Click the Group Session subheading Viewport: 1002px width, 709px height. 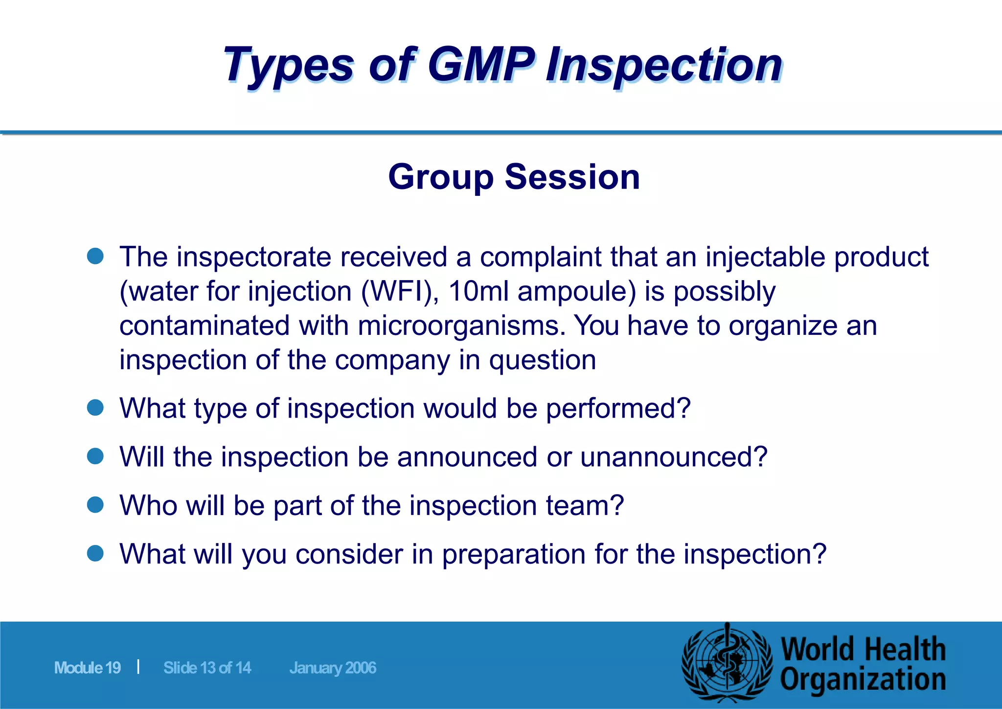click(x=514, y=177)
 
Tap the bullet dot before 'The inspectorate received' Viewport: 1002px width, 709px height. click(x=95, y=256)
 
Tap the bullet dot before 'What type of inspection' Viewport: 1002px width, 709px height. click(x=95, y=407)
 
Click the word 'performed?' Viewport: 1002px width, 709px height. click(x=618, y=408)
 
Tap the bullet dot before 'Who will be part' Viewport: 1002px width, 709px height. click(x=95, y=504)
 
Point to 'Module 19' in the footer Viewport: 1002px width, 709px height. click(x=88, y=668)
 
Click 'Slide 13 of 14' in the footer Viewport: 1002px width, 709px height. click(x=207, y=668)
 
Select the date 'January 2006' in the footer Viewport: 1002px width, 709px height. click(x=333, y=668)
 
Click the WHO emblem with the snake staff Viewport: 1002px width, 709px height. click(x=728, y=663)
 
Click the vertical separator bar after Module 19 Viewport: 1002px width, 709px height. click(x=138, y=666)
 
